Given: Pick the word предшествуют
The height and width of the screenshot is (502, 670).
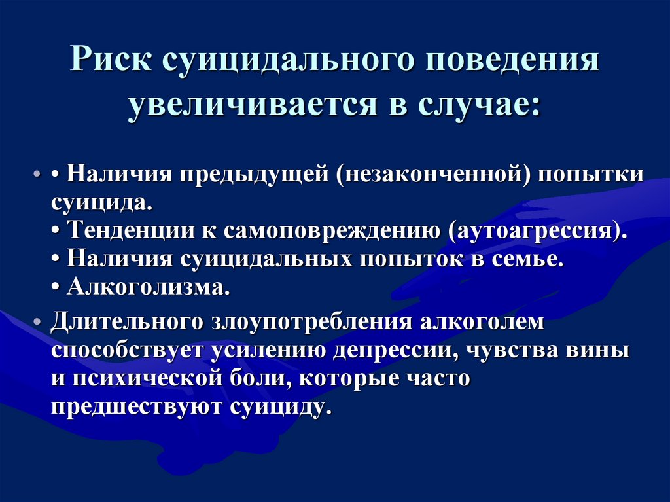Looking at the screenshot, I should [136, 406].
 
